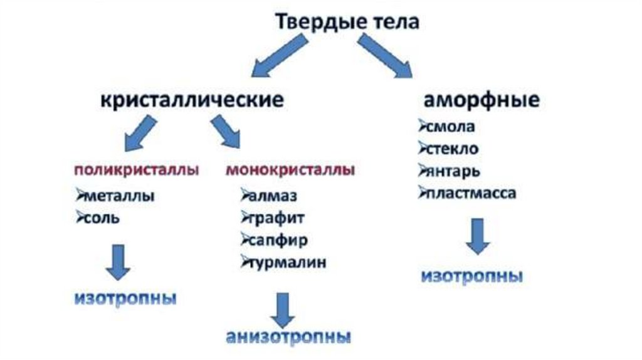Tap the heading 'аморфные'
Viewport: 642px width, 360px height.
(x=481, y=100)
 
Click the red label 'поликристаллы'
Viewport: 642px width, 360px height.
(x=137, y=170)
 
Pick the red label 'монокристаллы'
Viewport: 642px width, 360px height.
(x=290, y=170)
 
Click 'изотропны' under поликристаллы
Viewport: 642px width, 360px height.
(x=125, y=297)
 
